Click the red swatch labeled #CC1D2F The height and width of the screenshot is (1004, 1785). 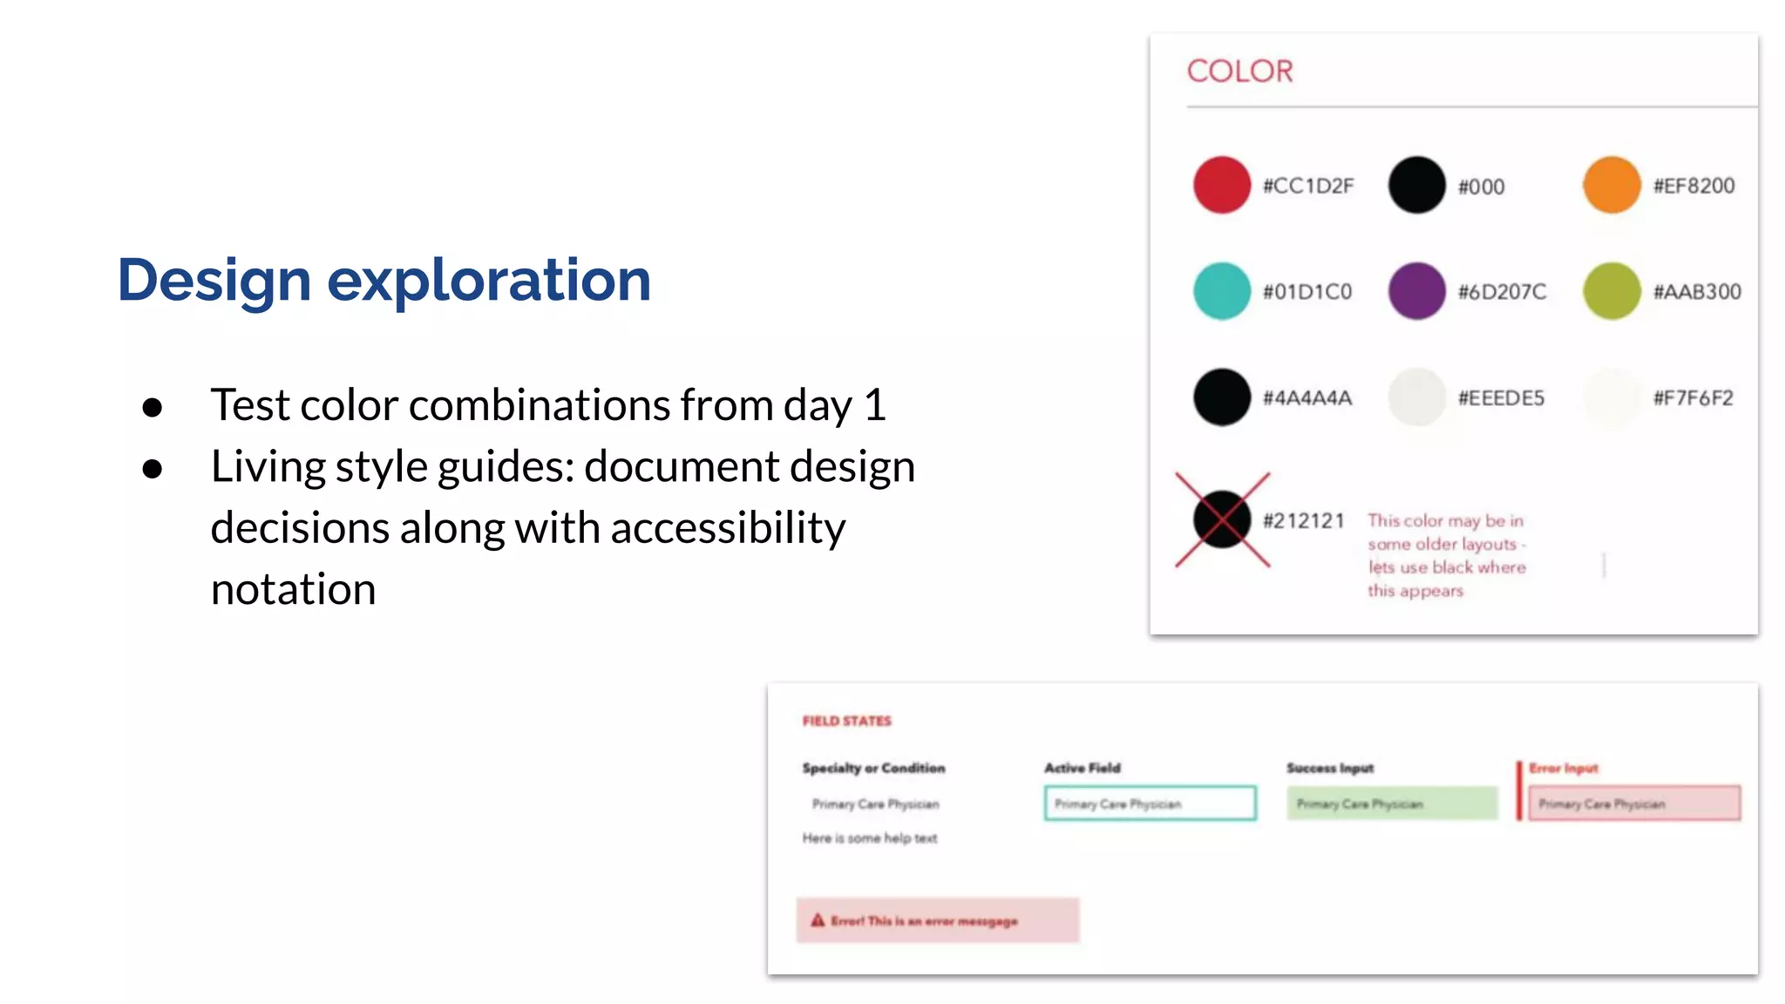[x=1221, y=185]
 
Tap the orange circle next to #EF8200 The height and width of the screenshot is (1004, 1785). [x=1612, y=185]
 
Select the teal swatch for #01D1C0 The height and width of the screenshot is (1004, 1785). [x=1221, y=291]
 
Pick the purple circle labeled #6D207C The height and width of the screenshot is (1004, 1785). [x=1416, y=291]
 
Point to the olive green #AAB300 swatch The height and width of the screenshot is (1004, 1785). [x=1612, y=291]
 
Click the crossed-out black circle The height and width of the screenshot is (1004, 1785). [x=1222, y=519]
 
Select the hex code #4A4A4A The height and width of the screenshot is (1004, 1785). [x=1307, y=398]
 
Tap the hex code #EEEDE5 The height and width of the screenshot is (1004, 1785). [x=1501, y=398]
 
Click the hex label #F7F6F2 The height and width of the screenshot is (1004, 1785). [x=1693, y=398]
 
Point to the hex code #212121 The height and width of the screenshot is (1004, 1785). [x=1304, y=521]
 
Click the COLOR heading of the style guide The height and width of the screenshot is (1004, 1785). [x=1239, y=71]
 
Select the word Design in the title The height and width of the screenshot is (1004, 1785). [x=214, y=281]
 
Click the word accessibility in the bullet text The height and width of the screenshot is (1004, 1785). [x=728, y=528]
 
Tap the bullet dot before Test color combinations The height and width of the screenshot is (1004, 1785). [x=153, y=407]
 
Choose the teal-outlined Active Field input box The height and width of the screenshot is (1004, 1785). [x=1150, y=804]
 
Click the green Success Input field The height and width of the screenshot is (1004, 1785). [x=1392, y=804]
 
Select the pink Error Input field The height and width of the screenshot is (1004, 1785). [x=1634, y=804]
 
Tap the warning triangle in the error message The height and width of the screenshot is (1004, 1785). [x=818, y=920]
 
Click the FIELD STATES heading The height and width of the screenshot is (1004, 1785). [x=846, y=721]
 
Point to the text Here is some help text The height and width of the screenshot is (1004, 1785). [x=870, y=838]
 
